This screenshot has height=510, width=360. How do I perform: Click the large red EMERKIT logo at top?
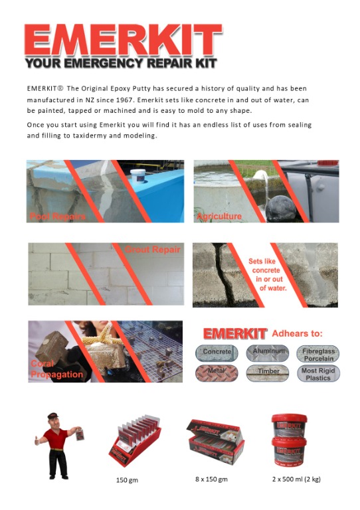(122, 40)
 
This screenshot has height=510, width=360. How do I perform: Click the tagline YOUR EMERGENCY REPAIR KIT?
(120, 64)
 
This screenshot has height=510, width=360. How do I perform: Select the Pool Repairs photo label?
(58, 216)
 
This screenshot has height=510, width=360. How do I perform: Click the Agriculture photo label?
(220, 216)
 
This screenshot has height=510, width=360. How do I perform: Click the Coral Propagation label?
(56, 369)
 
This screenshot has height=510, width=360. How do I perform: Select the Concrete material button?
(217, 351)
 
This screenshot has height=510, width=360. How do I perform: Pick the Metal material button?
(217, 373)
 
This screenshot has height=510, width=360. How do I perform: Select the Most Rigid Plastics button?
(317, 373)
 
